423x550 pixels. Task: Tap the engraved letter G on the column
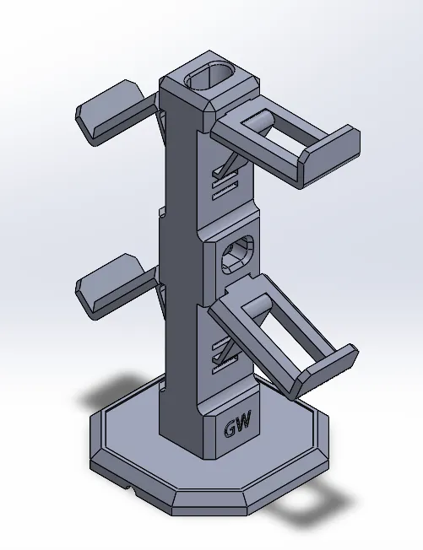coord(231,429)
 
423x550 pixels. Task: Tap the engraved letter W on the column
coord(246,420)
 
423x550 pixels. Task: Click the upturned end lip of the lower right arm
coord(325,370)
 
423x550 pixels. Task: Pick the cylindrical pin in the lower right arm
coord(257,305)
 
